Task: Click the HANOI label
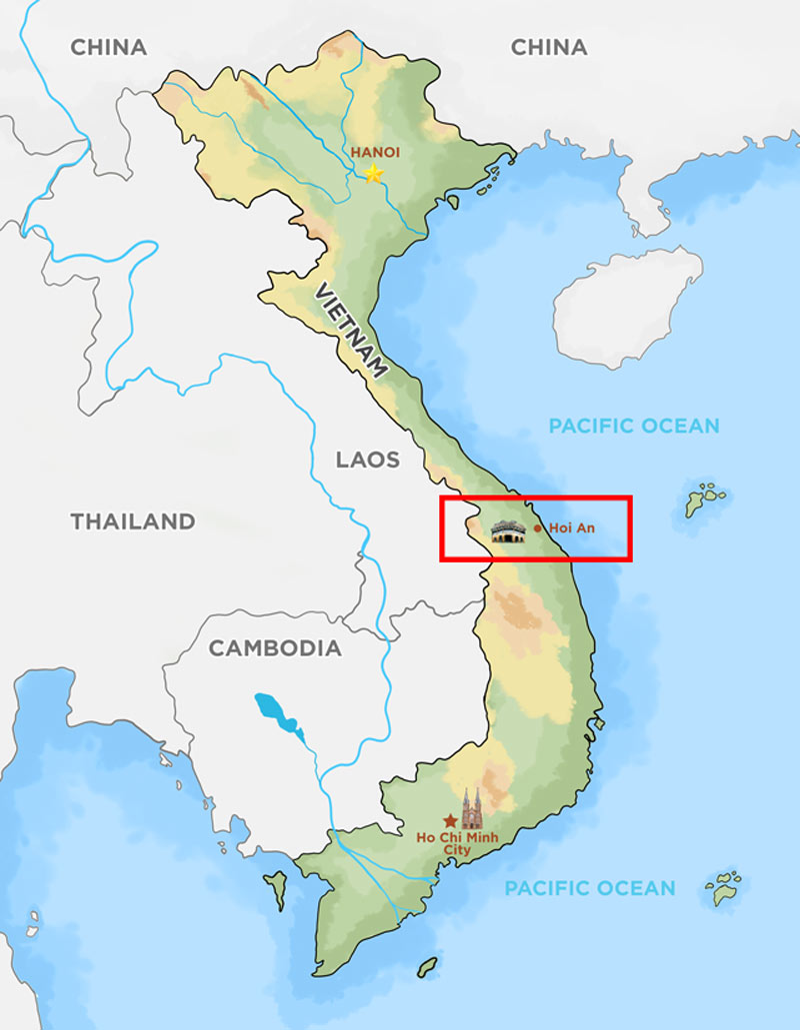(x=375, y=152)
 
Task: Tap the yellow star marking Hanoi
(x=373, y=174)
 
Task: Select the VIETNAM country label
(x=350, y=331)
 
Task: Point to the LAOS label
(x=367, y=460)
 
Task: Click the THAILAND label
(x=132, y=521)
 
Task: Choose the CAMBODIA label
(x=274, y=648)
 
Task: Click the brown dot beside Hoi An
(x=538, y=527)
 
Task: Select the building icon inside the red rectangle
(x=508, y=531)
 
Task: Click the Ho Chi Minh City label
(x=443, y=843)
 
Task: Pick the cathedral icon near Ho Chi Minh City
(x=471, y=807)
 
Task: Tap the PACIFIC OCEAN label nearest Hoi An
(x=633, y=427)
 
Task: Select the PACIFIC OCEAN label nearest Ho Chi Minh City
(x=589, y=888)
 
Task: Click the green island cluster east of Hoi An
(x=705, y=499)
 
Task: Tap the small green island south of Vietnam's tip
(x=427, y=967)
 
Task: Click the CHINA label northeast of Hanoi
(x=548, y=47)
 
